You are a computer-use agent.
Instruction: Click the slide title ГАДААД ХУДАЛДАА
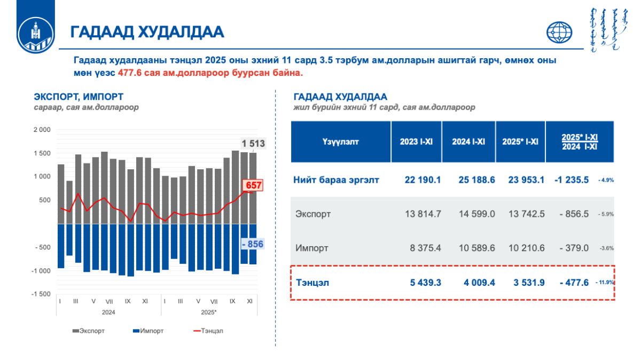click(147, 32)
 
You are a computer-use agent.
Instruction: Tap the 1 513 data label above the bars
click(253, 143)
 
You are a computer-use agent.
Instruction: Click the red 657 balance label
click(253, 185)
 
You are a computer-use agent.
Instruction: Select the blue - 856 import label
click(253, 244)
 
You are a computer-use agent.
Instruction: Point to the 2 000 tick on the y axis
click(42, 130)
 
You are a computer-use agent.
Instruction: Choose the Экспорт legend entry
click(89, 331)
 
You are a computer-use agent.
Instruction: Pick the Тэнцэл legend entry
click(208, 331)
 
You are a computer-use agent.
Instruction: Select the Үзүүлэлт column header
click(341, 142)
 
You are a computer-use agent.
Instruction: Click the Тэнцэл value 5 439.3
click(423, 282)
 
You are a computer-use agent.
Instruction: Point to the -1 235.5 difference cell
click(571, 179)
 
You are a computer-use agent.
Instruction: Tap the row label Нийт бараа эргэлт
click(336, 179)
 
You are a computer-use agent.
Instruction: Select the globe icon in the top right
click(559, 33)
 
